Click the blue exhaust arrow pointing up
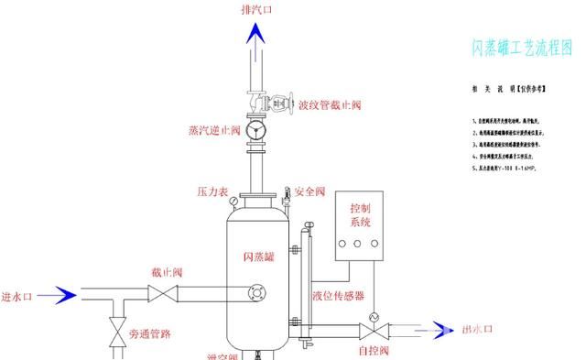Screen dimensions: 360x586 pos(258,36)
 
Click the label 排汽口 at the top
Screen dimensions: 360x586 pos(257,10)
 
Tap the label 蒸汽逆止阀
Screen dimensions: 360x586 pos(213,130)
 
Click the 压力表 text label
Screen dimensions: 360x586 pos(212,192)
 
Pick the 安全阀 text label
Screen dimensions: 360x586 pos(309,192)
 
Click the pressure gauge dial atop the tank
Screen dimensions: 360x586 pos(236,198)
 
